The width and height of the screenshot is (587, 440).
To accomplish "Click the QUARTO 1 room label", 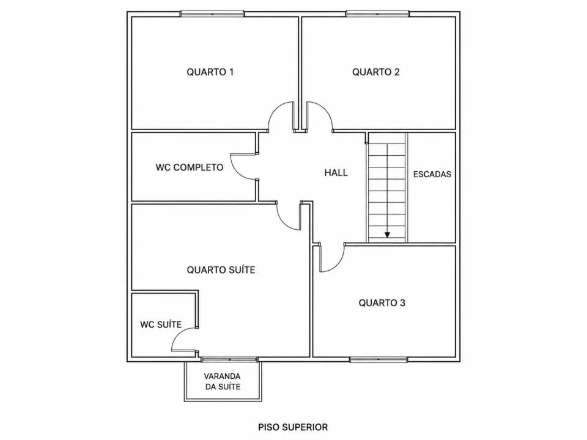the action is pyautogui.click(x=210, y=72).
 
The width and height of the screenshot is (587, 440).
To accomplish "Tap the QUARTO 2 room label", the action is pyautogui.click(x=376, y=72).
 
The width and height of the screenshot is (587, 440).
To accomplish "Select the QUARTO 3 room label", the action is pyautogui.click(x=382, y=302).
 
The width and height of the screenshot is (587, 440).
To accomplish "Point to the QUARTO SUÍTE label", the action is pyautogui.click(x=221, y=269).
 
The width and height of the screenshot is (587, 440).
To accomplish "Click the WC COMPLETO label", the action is pyautogui.click(x=190, y=167).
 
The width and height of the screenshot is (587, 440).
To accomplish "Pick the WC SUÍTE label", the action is pyautogui.click(x=161, y=324).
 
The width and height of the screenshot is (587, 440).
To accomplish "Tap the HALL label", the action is pyautogui.click(x=336, y=172).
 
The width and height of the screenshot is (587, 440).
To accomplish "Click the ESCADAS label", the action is pyautogui.click(x=432, y=174).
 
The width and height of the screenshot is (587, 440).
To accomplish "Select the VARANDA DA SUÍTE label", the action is pyautogui.click(x=223, y=381).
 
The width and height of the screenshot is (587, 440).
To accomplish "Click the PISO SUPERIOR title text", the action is pyautogui.click(x=293, y=427).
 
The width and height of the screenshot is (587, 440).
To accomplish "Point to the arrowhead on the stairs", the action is pyautogui.click(x=387, y=235).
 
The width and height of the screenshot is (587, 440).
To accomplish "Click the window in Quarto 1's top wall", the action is pyautogui.click(x=212, y=14).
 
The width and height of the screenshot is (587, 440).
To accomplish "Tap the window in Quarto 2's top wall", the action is pyautogui.click(x=377, y=14).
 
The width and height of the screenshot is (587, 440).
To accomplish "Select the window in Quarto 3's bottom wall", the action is pyautogui.click(x=378, y=359).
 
